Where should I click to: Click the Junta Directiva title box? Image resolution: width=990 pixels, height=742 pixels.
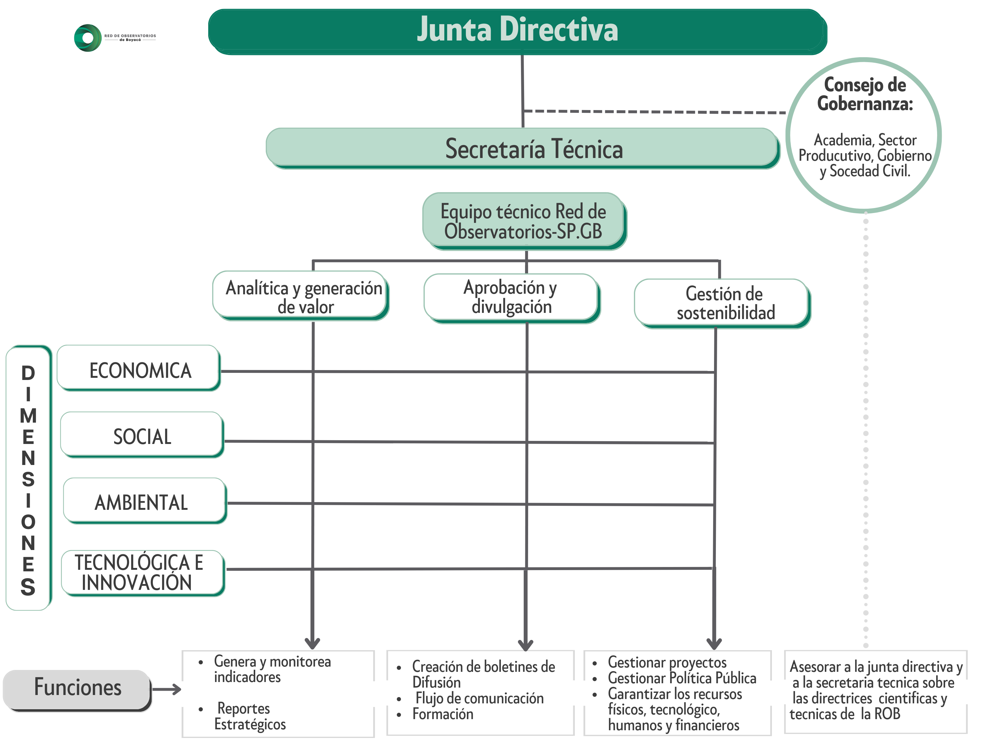tap(517, 30)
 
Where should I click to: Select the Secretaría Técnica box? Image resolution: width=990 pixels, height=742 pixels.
tap(522, 148)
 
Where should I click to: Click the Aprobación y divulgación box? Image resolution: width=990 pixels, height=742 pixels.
tap(511, 297)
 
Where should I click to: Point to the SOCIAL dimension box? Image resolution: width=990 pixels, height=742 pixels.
tap(142, 436)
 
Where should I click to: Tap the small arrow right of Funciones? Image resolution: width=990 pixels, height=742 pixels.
tap(167, 689)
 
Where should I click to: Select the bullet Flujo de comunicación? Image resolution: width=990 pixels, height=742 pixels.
tap(479, 698)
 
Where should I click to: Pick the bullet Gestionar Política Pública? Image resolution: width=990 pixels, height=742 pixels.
tap(681, 678)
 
